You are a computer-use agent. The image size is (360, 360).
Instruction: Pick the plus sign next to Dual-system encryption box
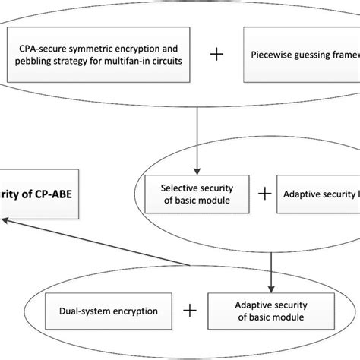188,311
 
